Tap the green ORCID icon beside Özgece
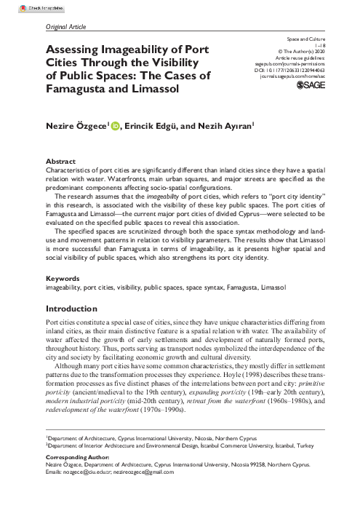click(116, 125)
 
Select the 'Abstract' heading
click(60, 159)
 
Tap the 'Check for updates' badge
click(22, 4)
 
